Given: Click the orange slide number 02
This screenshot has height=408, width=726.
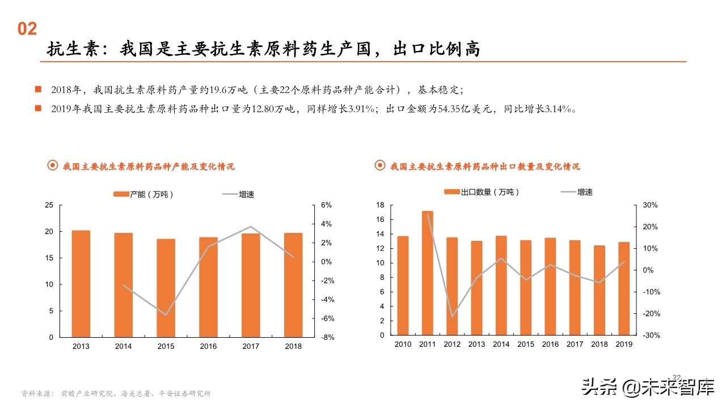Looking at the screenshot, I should [27, 29].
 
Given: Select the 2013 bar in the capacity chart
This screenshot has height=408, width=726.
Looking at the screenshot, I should [81, 283].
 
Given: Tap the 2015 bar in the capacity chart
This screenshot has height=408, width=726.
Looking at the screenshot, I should [166, 288].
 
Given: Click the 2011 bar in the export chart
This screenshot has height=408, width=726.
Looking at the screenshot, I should [428, 273].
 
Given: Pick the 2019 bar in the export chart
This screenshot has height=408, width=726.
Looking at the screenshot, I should [624, 288].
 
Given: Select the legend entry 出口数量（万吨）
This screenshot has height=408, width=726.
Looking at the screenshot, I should [482, 192].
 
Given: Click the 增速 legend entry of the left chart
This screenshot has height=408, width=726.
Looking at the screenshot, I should [238, 194].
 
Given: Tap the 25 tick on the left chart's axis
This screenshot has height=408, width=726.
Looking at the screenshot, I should [49, 205].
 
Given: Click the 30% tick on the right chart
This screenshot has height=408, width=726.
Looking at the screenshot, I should [651, 205].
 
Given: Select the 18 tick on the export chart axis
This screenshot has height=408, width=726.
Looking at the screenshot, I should [381, 205].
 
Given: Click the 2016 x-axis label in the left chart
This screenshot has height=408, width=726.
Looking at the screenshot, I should [208, 346].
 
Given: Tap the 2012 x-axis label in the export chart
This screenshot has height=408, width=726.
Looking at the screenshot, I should [452, 344].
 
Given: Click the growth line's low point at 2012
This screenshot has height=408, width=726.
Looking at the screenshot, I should [452, 316].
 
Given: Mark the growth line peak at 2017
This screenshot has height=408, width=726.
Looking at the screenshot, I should [251, 227].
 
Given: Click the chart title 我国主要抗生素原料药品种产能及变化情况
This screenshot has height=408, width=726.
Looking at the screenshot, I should [148, 167].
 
